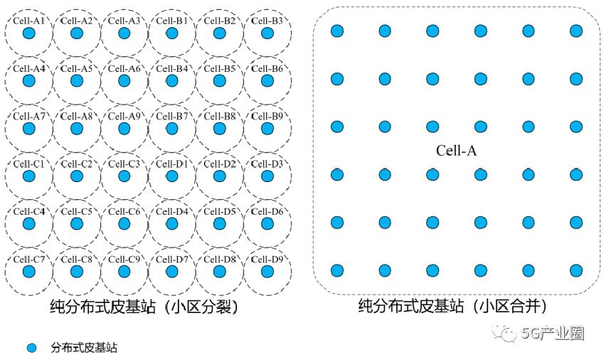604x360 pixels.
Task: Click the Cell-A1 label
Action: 28,21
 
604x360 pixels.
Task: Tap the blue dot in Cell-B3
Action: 267,33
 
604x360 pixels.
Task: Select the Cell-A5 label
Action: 76,69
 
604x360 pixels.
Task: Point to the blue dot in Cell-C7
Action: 28,272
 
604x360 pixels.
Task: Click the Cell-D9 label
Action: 267,259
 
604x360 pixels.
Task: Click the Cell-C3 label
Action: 124,164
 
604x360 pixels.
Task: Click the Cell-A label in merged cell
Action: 455,151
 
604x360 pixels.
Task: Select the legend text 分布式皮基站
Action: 83,348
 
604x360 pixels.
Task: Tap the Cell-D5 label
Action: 220,211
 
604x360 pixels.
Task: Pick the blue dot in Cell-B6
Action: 267,81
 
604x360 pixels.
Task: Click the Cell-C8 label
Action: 76,259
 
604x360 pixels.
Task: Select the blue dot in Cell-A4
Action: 28,81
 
